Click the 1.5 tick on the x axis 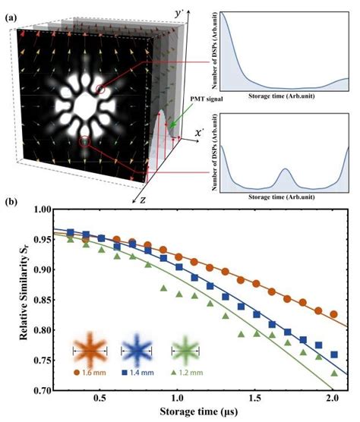click(x=254, y=400)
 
